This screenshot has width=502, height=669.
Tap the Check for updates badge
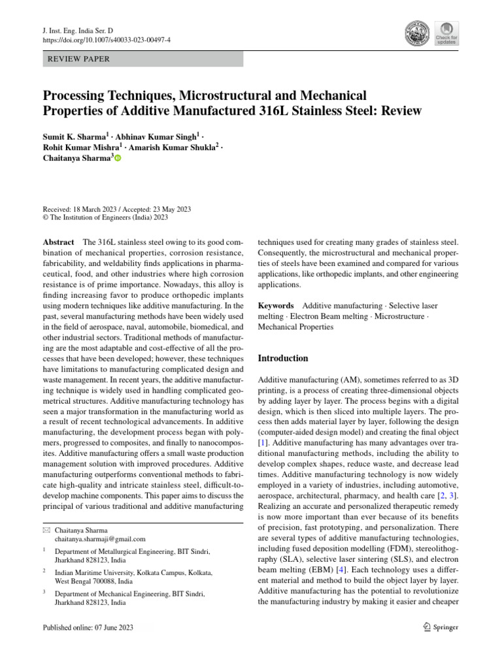pyautogui.click(x=446, y=33)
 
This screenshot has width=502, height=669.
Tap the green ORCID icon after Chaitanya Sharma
pyautogui.click(x=118, y=159)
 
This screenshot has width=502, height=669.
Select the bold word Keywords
pyautogui.click(x=276, y=305)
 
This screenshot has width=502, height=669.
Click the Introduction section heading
pyautogui.click(x=283, y=358)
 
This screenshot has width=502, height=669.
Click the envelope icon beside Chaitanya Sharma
pyautogui.click(x=45, y=530)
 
